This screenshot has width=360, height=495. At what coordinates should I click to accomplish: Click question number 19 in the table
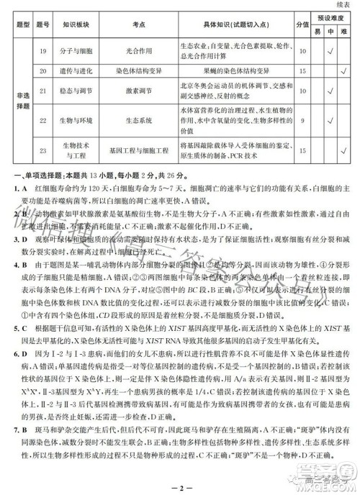(45, 51)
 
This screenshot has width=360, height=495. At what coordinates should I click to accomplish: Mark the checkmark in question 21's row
(330, 91)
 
